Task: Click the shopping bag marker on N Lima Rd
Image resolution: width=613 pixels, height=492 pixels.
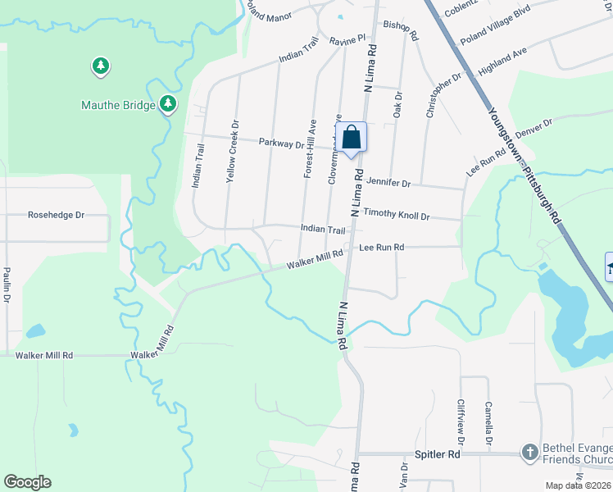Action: click(x=351, y=138)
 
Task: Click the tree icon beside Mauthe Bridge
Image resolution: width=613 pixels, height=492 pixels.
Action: click(x=168, y=103)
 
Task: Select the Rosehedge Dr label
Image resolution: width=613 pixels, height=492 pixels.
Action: click(x=57, y=216)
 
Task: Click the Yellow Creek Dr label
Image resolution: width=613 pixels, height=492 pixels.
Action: click(x=234, y=152)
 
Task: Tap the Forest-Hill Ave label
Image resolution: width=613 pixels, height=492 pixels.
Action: click(x=309, y=148)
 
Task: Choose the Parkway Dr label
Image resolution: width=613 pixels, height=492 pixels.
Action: click(x=282, y=143)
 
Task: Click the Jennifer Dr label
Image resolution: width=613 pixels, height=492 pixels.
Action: click(x=388, y=182)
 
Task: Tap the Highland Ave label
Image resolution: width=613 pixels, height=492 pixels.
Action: click(x=502, y=61)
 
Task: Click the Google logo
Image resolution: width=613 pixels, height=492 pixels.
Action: click(x=27, y=482)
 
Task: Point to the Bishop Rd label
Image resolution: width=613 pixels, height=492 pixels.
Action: click(x=402, y=31)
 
